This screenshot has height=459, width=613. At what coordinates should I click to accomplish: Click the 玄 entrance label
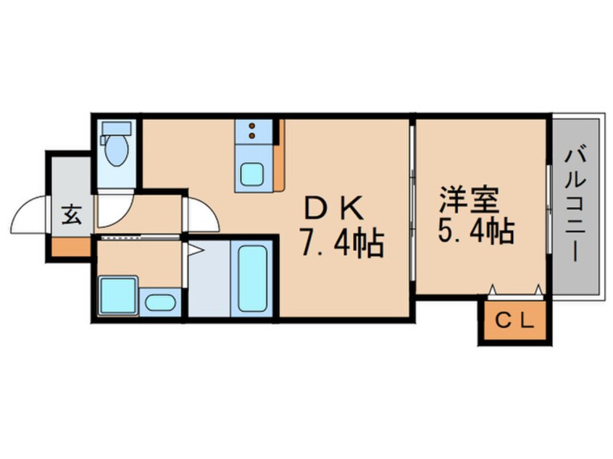[x=71, y=215]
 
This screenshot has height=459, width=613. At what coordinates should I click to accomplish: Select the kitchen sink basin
[x=253, y=174]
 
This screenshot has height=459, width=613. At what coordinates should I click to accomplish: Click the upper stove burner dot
[x=252, y=125]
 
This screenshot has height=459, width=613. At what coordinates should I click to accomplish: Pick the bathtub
[x=253, y=279]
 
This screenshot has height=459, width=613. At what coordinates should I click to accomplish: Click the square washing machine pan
[x=117, y=294]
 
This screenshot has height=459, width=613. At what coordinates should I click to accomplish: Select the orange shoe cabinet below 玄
[x=70, y=247]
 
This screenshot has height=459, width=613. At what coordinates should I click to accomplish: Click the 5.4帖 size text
[x=475, y=231]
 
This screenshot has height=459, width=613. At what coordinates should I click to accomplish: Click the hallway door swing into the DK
[x=199, y=214]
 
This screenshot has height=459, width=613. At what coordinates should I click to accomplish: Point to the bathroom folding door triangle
[x=194, y=250]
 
